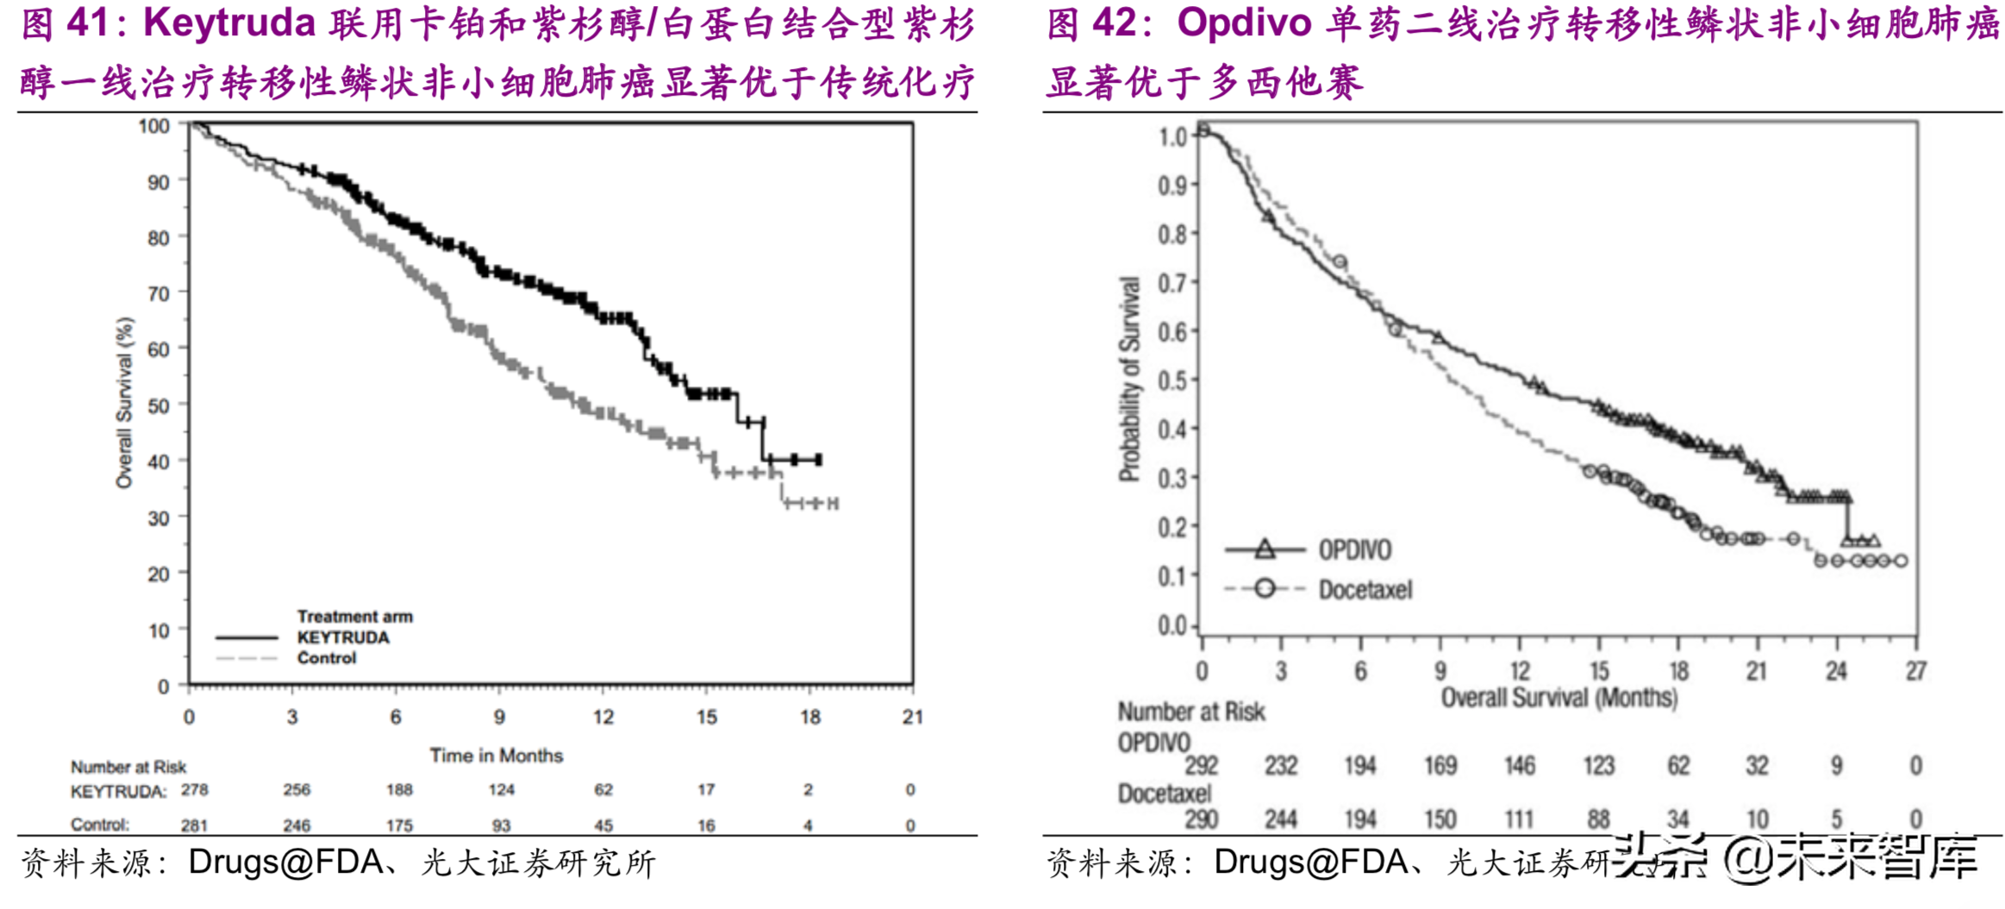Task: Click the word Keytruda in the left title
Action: point(229,23)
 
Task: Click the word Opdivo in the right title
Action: point(1244,23)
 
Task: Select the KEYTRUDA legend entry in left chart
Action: point(343,637)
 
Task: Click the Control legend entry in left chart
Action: point(326,658)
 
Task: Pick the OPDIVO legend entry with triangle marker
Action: point(1354,549)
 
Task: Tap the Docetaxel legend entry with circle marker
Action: point(1365,590)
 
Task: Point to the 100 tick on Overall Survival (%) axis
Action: point(154,126)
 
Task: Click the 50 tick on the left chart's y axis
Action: point(159,405)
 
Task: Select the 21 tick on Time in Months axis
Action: point(912,717)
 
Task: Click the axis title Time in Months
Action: point(497,755)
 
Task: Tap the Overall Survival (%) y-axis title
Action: point(125,403)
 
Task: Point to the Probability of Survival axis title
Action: point(1129,379)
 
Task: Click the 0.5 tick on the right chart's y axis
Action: point(1172,380)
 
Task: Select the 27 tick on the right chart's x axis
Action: point(1915,671)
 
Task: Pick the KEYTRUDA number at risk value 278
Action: point(194,790)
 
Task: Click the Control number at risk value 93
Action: point(501,825)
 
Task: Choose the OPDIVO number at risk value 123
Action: point(1598,766)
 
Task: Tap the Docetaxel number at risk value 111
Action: point(1519,818)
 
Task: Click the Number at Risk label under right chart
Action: point(1191,712)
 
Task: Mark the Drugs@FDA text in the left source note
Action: point(285,862)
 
